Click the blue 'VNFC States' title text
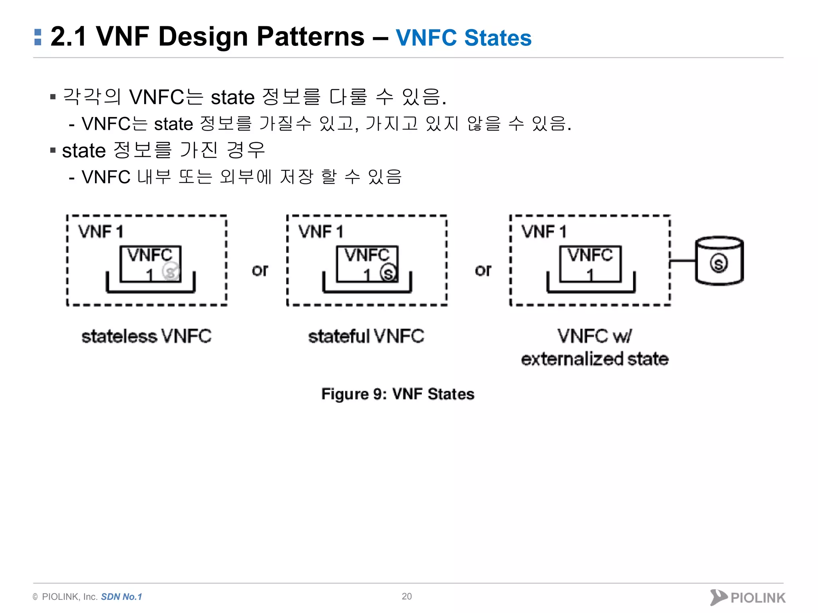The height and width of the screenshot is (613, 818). tap(463, 38)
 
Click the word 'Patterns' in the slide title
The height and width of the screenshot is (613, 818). tap(310, 37)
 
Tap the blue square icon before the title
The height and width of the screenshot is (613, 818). tap(38, 37)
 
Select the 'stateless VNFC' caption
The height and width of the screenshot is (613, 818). tap(146, 336)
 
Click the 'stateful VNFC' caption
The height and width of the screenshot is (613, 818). tap(366, 336)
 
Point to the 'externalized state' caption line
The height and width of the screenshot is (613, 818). tap(594, 359)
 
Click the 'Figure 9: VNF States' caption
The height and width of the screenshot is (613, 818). tap(398, 394)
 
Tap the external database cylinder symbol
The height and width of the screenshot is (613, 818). tap(719, 261)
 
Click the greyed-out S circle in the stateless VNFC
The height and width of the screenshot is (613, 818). tap(171, 272)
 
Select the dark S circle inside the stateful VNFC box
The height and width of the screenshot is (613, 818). tap(388, 273)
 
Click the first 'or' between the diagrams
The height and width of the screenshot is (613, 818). tap(260, 271)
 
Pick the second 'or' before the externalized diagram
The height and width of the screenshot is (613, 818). tap(483, 271)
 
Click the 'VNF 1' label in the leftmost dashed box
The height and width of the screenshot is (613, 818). tap(101, 232)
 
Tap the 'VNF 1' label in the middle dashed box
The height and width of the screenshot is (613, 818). tap(321, 232)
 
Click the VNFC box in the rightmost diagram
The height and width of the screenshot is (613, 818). tap(590, 264)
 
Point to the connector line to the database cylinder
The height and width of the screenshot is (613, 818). tap(683, 261)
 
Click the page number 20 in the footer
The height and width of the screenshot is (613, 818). tap(407, 596)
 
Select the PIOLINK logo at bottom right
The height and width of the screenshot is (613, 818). tap(748, 597)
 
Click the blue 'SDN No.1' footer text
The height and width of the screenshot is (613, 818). tap(121, 597)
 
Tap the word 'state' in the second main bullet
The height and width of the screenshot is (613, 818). tap(84, 151)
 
